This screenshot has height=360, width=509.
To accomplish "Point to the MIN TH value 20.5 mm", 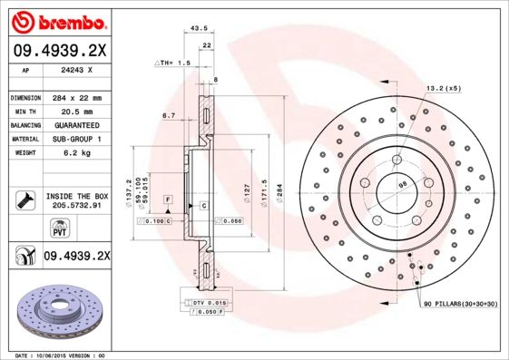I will [x=74, y=111].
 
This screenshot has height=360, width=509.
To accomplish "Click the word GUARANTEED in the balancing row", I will [x=74, y=124].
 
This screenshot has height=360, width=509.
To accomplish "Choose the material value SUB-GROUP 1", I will [x=74, y=139].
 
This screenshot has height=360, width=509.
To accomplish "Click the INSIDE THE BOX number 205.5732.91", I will [x=75, y=206].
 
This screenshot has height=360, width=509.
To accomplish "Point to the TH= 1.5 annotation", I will [x=174, y=63].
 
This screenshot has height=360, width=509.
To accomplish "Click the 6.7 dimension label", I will [x=168, y=116].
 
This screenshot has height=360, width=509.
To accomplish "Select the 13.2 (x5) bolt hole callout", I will [x=442, y=88].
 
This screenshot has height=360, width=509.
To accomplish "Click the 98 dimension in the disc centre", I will [x=401, y=185].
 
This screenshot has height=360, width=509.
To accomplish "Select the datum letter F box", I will [x=168, y=198].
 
